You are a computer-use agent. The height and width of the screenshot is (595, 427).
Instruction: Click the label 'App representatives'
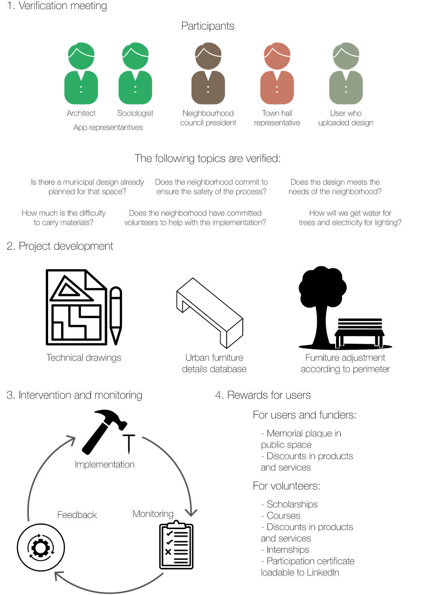pos(108,127)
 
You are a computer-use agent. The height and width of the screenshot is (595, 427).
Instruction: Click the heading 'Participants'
pos(208,26)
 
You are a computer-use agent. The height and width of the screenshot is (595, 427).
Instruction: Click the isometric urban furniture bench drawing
pos(209,312)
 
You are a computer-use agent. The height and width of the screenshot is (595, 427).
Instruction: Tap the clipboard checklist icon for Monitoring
pos(176,546)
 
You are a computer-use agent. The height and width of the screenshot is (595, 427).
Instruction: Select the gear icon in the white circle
pos(41,548)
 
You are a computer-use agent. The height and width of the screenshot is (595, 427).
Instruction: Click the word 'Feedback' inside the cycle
pos(77,515)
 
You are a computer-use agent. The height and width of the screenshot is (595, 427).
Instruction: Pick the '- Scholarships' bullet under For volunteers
pos(290,504)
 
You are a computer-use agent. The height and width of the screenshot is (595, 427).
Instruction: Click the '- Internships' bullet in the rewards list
pos(285,550)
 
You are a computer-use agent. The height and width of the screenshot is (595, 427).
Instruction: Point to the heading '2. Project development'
pos(60,246)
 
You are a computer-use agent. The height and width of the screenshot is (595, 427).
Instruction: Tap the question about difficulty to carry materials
pos(64,218)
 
